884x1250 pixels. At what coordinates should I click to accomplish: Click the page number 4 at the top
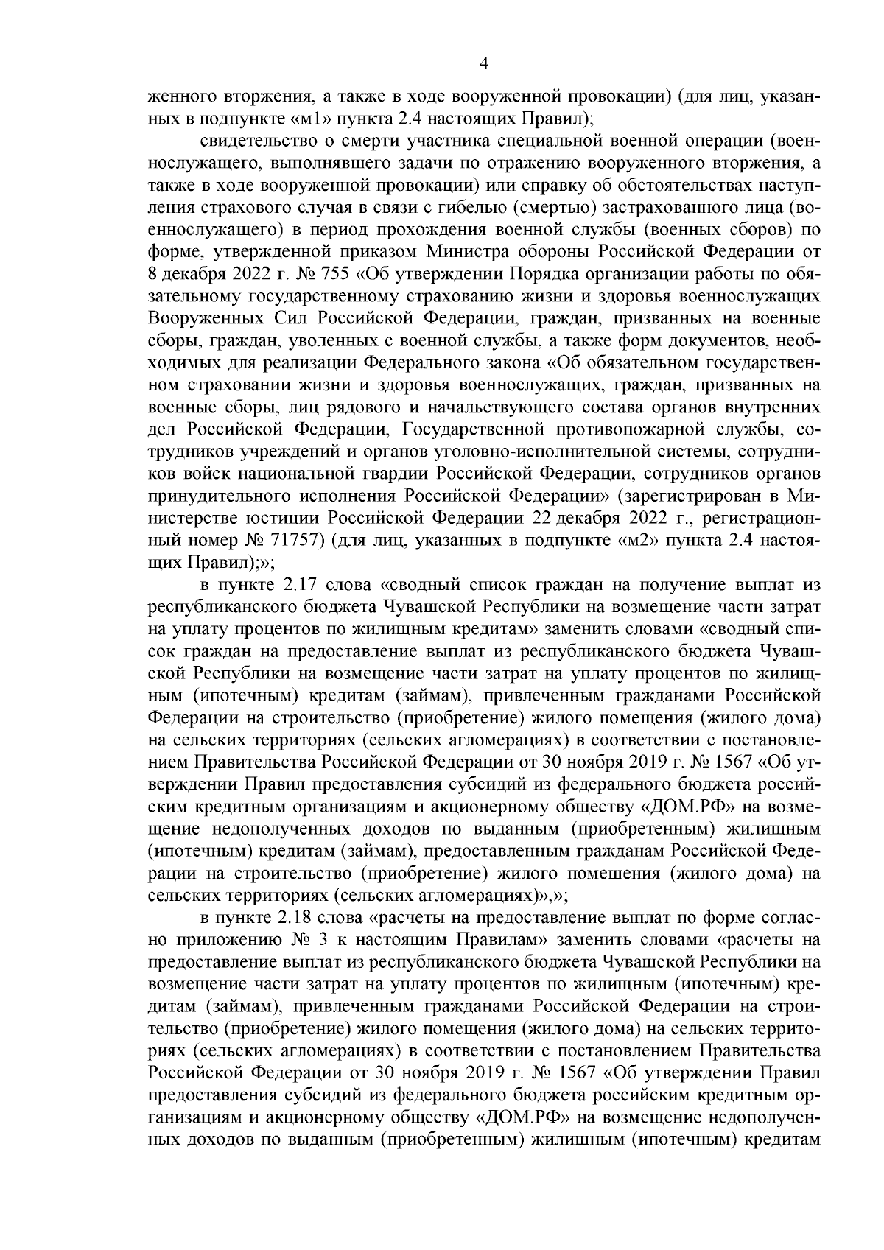[x=484, y=63]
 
